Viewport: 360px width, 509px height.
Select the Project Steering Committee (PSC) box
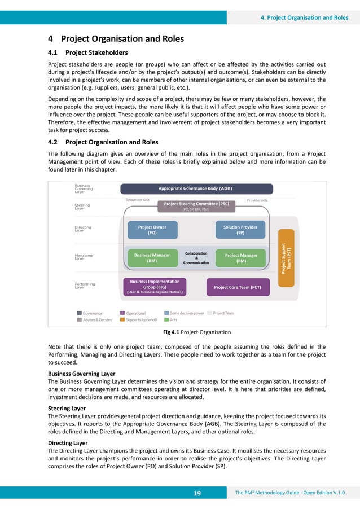coord(196,206)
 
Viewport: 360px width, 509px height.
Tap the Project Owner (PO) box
coord(152,230)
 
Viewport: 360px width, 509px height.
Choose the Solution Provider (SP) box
coord(240,230)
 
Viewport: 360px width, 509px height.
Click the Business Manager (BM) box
coord(152,258)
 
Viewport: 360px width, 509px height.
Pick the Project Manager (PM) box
coord(241,258)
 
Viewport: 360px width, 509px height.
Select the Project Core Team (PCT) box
coord(238,287)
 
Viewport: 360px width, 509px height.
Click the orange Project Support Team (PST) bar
coord(286,258)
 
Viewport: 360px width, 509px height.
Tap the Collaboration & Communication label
coord(196,258)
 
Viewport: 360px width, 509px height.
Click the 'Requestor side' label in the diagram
coord(137,200)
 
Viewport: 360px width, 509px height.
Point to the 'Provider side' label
coord(257,200)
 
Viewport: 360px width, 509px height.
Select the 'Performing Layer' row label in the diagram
coord(84,286)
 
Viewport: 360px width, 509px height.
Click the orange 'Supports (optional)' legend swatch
coord(122,319)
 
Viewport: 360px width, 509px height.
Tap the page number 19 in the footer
coord(197,493)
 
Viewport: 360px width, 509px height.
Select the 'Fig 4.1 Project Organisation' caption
coord(196,332)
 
